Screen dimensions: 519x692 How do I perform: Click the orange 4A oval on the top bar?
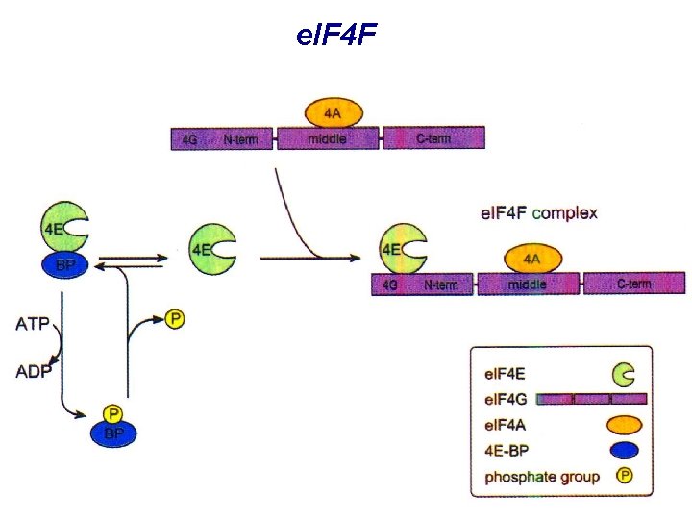(x=332, y=113)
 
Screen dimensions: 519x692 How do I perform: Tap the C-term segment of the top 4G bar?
(x=433, y=139)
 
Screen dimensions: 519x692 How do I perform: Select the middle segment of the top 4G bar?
(x=327, y=139)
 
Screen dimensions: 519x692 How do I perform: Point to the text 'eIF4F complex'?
(x=538, y=212)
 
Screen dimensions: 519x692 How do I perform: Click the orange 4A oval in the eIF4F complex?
(x=531, y=258)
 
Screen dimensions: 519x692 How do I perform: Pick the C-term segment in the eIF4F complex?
(x=634, y=284)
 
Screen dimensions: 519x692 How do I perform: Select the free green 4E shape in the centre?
(x=212, y=249)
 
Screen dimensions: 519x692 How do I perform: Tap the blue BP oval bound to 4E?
(x=65, y=266)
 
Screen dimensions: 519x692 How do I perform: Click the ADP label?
(x=33, y=371)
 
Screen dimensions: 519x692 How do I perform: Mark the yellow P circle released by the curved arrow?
(x=175, y=318)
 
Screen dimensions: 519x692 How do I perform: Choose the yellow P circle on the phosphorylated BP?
(x=114, y=414)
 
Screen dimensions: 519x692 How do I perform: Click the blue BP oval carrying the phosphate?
(x=114, y=434)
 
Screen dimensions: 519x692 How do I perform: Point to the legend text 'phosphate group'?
(x=542, y=477)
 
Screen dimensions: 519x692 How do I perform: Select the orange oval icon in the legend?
(x=624, y=425)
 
